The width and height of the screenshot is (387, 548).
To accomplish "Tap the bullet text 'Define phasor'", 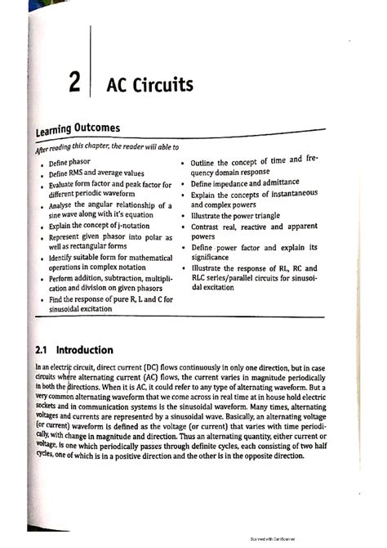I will pos(69,163).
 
